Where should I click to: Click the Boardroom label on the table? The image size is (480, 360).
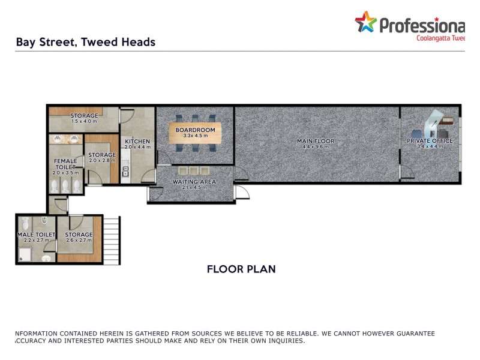[191, 130]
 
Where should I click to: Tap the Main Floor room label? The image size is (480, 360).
[316, 142]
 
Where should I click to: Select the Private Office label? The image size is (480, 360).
[430, 141]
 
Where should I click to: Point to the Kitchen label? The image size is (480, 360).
[137, 142]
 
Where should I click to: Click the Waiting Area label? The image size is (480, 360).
[194, 181]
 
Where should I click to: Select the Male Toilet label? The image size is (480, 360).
[36, 235]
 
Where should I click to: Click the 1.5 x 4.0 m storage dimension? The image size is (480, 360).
[84, 122]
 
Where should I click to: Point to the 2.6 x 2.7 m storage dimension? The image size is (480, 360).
[79, 241]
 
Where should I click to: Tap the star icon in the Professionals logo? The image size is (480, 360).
[365, 23]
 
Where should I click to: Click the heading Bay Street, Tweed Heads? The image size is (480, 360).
[85, 42]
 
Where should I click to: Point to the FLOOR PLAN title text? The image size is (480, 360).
[241, 269]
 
